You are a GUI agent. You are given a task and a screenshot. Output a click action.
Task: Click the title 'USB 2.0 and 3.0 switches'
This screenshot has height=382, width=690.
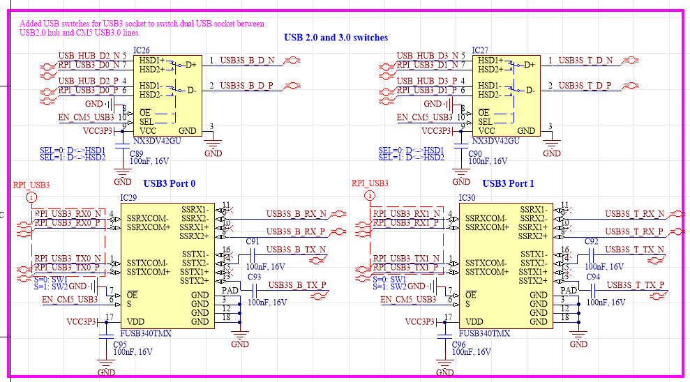336,38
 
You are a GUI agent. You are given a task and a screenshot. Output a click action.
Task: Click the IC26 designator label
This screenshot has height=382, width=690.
141,51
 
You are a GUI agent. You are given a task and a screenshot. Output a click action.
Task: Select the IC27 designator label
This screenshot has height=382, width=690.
480,50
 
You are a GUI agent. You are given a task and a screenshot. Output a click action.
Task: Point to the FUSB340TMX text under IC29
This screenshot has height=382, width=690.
145,333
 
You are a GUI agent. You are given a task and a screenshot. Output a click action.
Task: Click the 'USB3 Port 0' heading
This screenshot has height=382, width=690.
170,184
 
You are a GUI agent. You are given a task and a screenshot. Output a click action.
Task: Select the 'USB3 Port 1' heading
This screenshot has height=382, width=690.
507,184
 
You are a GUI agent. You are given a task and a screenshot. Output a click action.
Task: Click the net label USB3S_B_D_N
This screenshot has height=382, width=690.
248,61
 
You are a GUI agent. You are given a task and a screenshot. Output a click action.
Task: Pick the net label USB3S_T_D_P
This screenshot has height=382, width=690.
585,86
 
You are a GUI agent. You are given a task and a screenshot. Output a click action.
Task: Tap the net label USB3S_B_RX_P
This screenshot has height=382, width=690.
296,231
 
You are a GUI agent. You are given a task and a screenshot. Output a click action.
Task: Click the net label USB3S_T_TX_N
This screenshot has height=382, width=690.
633,250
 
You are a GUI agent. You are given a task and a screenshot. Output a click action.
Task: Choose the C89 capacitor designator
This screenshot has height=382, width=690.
137,153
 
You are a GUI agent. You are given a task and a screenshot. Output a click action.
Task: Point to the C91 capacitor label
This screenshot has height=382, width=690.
253,241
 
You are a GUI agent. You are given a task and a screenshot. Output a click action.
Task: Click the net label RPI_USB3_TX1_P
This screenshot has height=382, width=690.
406,268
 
